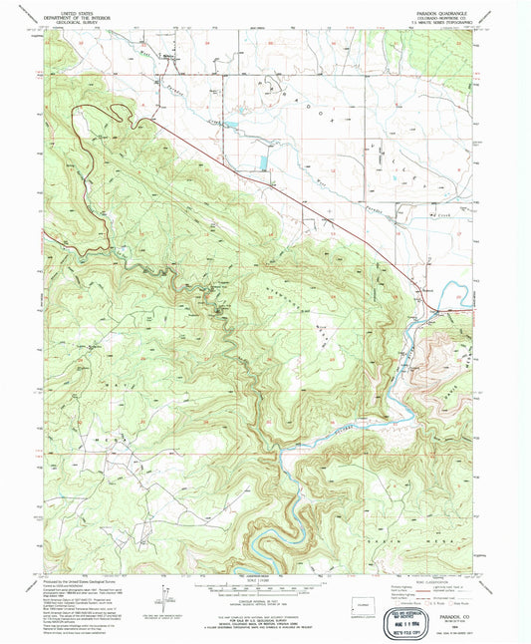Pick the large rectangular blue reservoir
pos(263,160)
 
